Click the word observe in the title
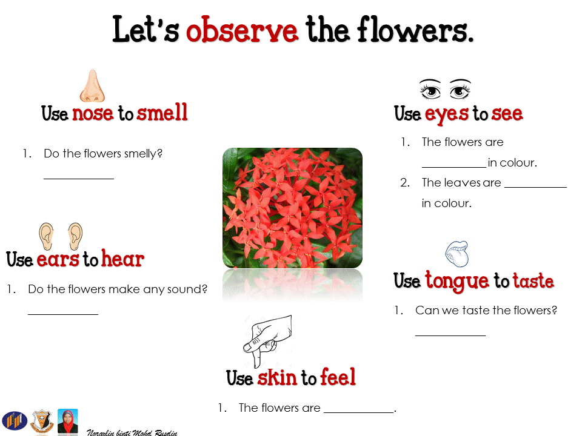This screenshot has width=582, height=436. [x=242, y=30]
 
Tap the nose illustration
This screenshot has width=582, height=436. [x=92, y=85]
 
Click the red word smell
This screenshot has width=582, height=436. [x=162, y=112]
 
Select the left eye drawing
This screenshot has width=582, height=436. [x=430, y=89]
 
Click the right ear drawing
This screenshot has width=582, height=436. [x=75, y=236]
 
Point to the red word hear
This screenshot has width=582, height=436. [x=123, y=258]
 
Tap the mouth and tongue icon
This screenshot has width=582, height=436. [x=457, y=254]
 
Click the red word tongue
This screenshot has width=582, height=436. [x=457, y=281]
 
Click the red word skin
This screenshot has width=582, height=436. [x=277, y=377]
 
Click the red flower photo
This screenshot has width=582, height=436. [x=292, y=208]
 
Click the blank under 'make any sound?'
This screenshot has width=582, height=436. [x=63, y=314]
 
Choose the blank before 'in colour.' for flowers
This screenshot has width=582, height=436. [x=454, y=167]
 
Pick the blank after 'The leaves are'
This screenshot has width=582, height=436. [x=535, y=187]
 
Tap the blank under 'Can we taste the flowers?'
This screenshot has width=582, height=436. [x=450, y=335]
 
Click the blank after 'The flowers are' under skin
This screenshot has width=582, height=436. [x=358, y=412]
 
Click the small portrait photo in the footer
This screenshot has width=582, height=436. [x=67, y=421]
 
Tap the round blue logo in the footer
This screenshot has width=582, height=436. [x=15, y=421]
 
